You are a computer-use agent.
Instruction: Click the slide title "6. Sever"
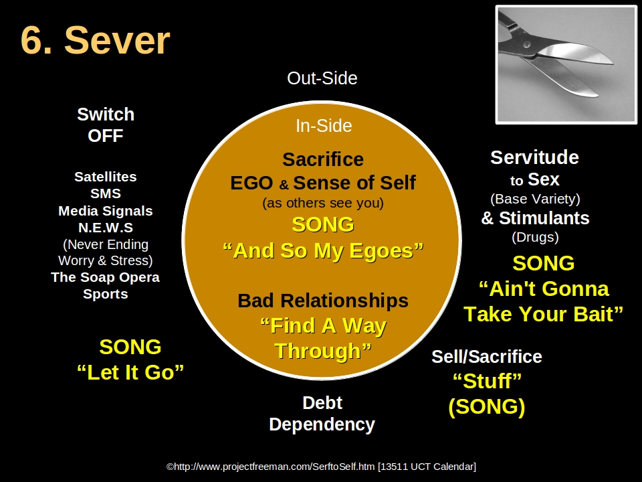(x=95, y=41)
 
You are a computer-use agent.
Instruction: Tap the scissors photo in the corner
(x=566, y=64)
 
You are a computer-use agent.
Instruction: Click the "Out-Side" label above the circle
(x=322, y=78)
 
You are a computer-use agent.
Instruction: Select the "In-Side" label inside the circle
(x=324, y=126)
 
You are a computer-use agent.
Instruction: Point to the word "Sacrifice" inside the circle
(x=323, y=159)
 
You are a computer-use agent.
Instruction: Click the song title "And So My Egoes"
(x=323, y=250)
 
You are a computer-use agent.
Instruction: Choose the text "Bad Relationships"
(x=323, y=301)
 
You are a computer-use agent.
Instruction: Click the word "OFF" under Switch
(x=106, y=136)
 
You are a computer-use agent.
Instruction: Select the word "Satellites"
(x=106, y=177)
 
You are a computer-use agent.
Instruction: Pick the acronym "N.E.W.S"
(x=106, y=228)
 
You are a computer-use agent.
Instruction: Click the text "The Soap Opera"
(x=106, y=277)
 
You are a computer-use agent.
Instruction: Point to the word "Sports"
(x=106, y=294)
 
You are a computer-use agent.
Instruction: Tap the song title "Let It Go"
(x=130, y=372)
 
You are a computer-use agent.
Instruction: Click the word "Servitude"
(x=534, y=157)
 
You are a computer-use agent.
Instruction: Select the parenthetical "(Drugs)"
(x=535, y=237)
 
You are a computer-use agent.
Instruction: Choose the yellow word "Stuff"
(x=487, y=382)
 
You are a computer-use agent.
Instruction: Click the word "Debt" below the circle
(x=322, y=403)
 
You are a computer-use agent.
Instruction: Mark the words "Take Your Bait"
(x=543, y=314)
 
